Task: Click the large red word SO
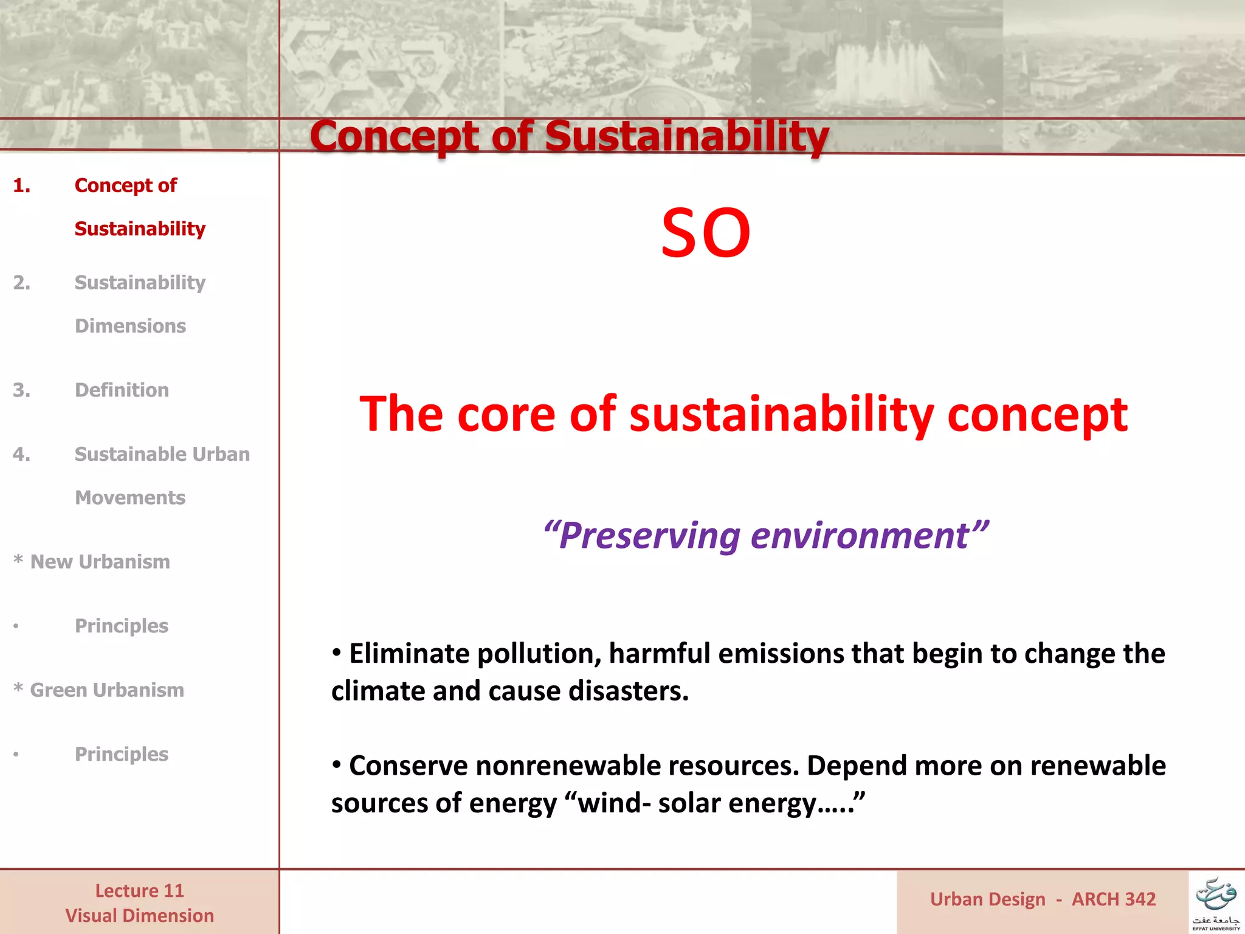[x=706, y=233]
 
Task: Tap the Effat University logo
[x=1216, y=902]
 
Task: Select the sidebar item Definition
[x=122, y=390]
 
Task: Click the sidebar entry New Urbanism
[x=100, y=562]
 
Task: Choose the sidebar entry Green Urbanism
[x=106, y=690]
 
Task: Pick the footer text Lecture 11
[x=139, y=891]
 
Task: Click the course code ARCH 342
[x=1114, y=899]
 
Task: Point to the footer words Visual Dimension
[x=139, y=916]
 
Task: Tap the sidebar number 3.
[x=21, y=390]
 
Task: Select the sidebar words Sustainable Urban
[x=162, y=454]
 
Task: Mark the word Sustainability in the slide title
[x=686, y=136]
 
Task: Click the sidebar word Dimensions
[x=130, y=326]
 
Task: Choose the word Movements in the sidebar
[x=130, y=498]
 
